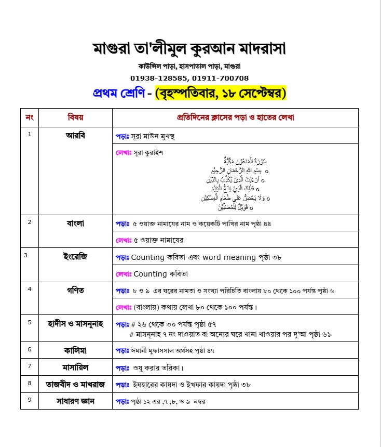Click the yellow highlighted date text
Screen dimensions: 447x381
221,94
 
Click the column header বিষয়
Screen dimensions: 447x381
75,117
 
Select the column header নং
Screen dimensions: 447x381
30,117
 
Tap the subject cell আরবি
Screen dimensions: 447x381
75,135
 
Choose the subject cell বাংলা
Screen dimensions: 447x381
75,223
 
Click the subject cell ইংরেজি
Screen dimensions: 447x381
75,256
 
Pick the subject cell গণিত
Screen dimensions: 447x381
75,290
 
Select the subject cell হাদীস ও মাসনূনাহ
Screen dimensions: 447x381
75,324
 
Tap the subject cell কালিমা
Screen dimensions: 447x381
75,350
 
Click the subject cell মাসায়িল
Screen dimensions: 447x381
75,367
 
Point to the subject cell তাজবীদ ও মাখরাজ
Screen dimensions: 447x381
75,384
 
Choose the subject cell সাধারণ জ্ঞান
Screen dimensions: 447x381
75,401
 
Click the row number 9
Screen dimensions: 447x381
30,400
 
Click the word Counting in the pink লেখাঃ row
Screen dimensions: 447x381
150,273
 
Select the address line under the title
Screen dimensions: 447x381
189,67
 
